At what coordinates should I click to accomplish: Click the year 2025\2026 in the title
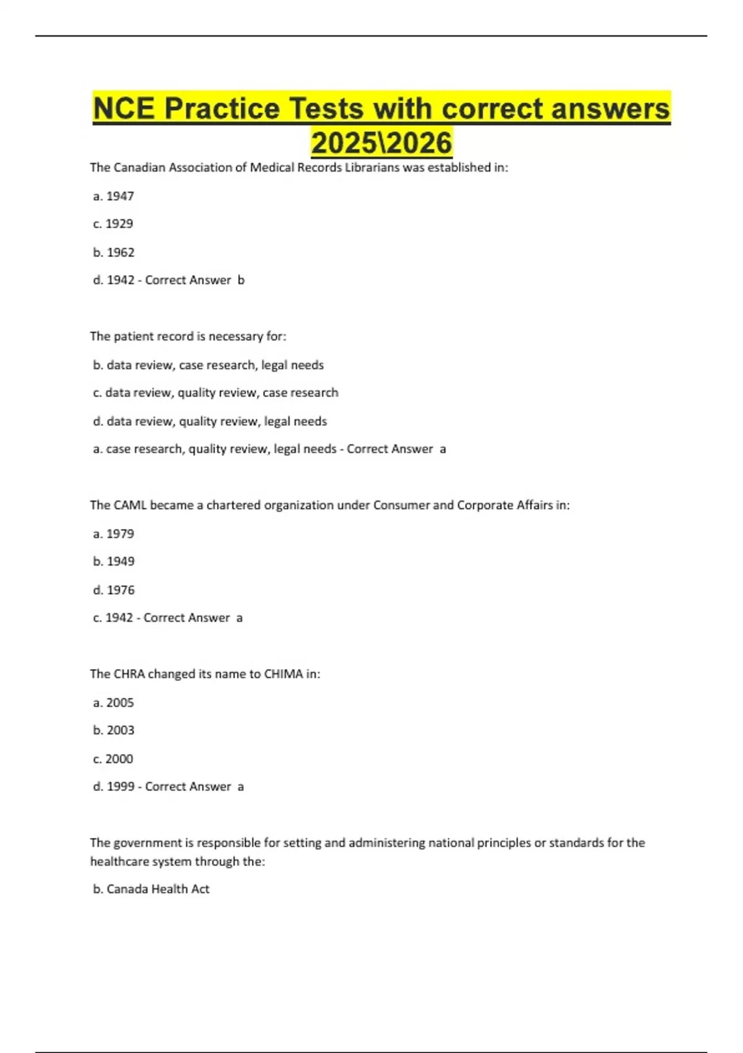[x=381, y=142]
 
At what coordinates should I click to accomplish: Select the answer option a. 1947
[x=113, y=196]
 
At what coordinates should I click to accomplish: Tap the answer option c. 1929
[x=113, y=224]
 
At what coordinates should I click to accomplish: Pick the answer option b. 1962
[x=113, y=252]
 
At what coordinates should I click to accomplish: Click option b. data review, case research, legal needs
[x=208, y=365]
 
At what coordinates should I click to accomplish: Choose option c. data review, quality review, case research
[x=215, y=393]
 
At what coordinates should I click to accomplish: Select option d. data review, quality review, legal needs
[x=210, y=421]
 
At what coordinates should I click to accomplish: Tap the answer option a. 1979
[x=113, y=533]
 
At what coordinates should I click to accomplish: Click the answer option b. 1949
[x=113, y=561]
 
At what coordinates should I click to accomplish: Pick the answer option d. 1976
[x=113, y=590]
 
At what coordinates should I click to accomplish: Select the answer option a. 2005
[x=113, y=702]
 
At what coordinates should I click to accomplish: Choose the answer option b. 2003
[x=113, y=730]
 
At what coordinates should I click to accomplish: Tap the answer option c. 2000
[x=113, y=759]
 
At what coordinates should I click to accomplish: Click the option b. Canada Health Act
[x=151, y=889]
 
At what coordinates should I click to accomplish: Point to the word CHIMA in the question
[x=284, y=674]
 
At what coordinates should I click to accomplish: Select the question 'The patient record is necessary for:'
[x=188, y=336]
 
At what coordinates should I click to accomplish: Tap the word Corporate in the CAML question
[x=483, y=505]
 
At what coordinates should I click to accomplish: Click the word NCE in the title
[x=124, y=108]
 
